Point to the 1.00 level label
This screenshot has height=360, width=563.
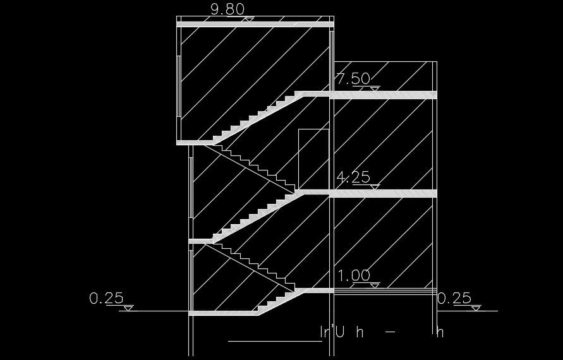pyautogui.click(x=354, y=276)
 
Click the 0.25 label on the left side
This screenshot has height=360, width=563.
pyautogui.click(x=106, y=297)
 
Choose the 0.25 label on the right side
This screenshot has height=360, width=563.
pyautogui.click(x=454, y=297)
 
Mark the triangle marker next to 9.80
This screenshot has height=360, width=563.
pyautogui.click(x=250, y=20)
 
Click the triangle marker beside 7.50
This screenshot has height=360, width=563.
pyautogui.click(x=375, y=89)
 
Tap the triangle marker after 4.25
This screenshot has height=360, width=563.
pyautogui.click(x=375, y=187)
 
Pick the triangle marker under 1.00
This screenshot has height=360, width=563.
pyautogui.click(x=375, y=285)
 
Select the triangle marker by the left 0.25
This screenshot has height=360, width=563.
pyautogui.click(x=128, y=308)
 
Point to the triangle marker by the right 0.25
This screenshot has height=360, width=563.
pyautogui.click(x=476, y=308)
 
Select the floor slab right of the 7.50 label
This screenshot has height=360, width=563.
pyautogui.click(x=385, y=95)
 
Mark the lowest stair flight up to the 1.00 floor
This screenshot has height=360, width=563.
pyautogui.click(x=278, y=301)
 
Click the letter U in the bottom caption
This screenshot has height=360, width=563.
pyautogui.click(x=339, y=332)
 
